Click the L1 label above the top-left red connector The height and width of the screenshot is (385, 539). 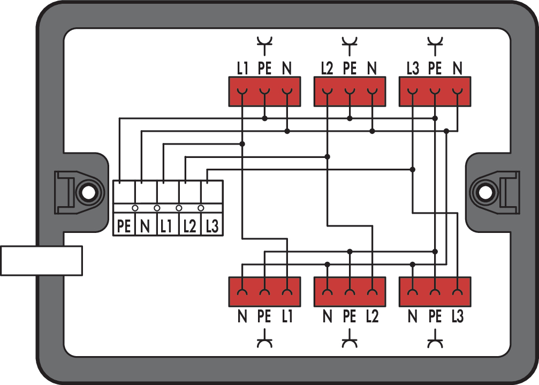242,69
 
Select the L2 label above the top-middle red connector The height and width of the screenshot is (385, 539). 327,69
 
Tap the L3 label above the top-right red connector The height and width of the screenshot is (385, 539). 412,69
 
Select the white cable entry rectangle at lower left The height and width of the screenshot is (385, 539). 41,261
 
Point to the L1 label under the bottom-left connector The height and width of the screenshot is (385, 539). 287,316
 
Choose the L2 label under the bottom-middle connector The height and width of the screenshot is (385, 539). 372,316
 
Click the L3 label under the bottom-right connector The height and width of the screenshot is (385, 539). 457,316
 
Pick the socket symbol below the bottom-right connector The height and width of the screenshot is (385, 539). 435,341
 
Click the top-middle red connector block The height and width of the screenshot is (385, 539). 350,92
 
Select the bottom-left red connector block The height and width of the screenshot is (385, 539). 264,291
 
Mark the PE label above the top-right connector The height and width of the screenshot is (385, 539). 435,69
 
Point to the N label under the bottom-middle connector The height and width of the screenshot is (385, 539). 327,316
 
